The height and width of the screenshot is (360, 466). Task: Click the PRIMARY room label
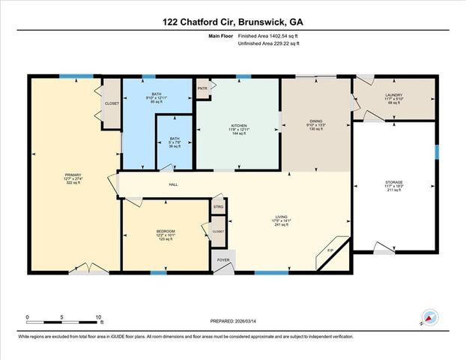[73, 175]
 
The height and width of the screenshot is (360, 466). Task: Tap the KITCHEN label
[239, 126]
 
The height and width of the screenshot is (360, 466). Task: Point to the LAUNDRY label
[394, 95]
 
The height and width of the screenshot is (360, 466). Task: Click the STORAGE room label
[394, 182]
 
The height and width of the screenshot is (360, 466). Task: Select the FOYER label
[223, 261]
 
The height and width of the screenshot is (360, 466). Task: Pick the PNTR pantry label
[202, 88]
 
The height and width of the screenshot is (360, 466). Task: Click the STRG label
[219, 206]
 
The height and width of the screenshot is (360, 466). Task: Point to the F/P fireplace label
[330, 250]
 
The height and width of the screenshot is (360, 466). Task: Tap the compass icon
[430, 317]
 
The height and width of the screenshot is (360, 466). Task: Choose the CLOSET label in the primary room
[112, 103]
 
